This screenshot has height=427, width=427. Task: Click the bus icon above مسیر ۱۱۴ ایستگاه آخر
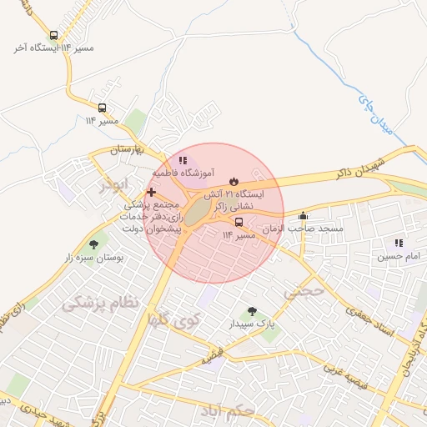coord(54,36)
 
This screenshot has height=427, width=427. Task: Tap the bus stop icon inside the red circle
coord(239,223)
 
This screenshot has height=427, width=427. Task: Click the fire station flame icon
coord(234,181)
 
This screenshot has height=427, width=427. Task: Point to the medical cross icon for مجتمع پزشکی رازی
coord(151,192)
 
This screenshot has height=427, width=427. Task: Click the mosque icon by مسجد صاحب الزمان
coord(303,216)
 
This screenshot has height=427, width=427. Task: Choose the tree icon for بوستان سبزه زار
coord(93,245)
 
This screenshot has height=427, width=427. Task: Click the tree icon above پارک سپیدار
coord(252,310)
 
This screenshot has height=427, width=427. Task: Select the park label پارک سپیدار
coord(253,322)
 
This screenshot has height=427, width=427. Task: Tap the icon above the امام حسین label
coord(399,243)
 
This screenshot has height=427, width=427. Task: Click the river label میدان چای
coord(374,115)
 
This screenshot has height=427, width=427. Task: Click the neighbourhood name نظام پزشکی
coord(100,303)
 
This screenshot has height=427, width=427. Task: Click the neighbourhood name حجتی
coord(303,292)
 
